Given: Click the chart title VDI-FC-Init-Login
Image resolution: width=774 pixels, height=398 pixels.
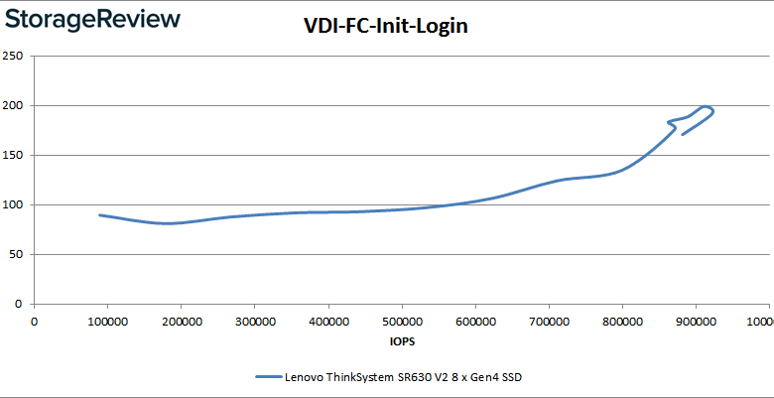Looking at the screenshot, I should click(x=385, y=27).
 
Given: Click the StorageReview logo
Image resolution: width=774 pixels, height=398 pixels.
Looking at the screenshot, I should click(x=91, y=19).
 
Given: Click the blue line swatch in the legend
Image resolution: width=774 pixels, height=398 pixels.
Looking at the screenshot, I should click(x=268, y=377).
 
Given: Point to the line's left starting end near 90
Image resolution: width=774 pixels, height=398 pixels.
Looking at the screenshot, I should click(x=100, y=214).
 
